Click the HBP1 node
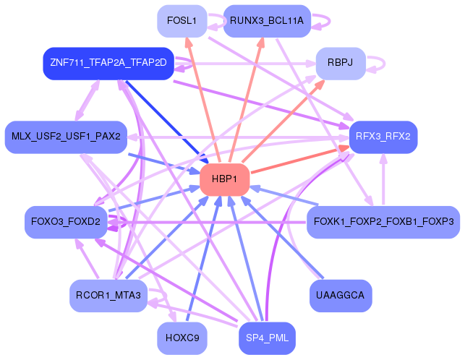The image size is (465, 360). pyautogui.click(x=224, y=179)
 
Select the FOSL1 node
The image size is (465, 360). pyautogui.click(x=182, y=21)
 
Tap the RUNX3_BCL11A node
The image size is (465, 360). pyautogui.click(x=267, y=21)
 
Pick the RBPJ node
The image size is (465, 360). pyautogui.click(x=341, y=63)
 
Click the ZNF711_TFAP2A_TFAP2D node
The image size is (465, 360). pyautogui.click(x=108, y=63)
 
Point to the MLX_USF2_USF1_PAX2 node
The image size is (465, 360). pyautogui.click(x=66, y=137)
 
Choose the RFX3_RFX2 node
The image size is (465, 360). pyautogui.click(x=383, y=137)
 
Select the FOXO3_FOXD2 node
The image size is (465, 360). pyautogui.click(x=66, y=222)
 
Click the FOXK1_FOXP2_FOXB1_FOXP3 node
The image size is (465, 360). pyautogui.click(x=383, y=222)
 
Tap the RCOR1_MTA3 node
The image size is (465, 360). pyautogui.click(x=108, y=296)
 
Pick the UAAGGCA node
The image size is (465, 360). pyautogui.click(x=341, y=296)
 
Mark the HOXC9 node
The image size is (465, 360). pyautogui.click(x=182, y=338)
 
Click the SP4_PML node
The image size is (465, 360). pyautogui.click(x=267, y=338)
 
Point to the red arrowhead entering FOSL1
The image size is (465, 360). pyautogui.click(x=188, y=43)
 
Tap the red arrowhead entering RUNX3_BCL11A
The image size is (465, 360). pyautogui.click(x=261, y=43)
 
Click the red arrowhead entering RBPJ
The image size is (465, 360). pyautogui.click(x=320, y=85)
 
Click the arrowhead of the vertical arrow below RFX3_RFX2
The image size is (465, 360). pyautogui.click(x=383, y=158)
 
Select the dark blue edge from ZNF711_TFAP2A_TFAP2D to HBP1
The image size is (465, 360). pyautogui.click(x=167, y=121)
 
